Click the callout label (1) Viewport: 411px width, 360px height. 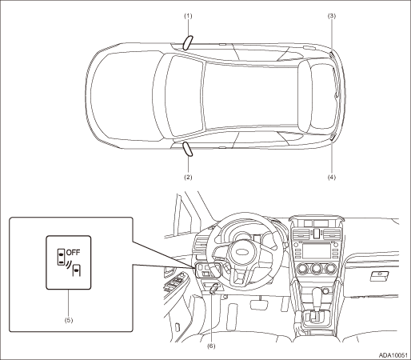pyautogui.click(x=188, y=16)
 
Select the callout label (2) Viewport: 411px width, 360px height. pyautogui.click(x=188, y=177)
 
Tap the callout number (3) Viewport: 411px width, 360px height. pyautogui.click(x=332, y=16)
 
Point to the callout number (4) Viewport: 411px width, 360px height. pyautogui.click(x=332, y=177)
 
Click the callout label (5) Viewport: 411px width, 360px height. pyautogui.click(x=69, y=320)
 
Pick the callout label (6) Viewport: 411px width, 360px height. pyautogui.click(x=211, y=346)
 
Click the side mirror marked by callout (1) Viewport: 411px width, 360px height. pyautogui.click(x=188, y=42)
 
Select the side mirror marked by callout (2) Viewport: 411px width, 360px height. pyautogui.click(x=187, y=149)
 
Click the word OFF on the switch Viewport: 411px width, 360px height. pyautogui.click(x=73, y=252)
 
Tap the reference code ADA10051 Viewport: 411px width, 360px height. pyautogui.click(x=393, y=355)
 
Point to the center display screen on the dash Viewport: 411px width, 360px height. pyautogui.click(x=317, y=250)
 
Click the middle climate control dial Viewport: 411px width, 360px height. pyautogui.click(x=317, y=269)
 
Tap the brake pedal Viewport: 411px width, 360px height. pyautogui.click(x=257, y=304)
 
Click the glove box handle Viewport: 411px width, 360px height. pyautogui.click(x=380, y=276)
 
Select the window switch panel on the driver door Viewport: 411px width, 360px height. pyautogui.click(x=175, y=282)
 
